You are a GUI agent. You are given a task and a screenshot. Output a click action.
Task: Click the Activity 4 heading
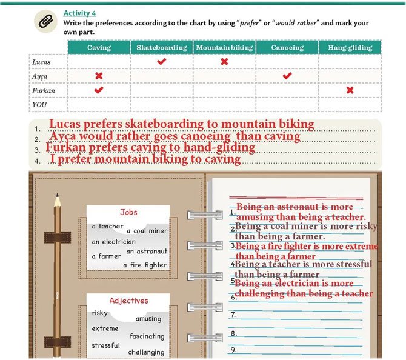pos(79,13)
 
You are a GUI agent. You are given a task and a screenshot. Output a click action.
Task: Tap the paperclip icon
pos(45,21)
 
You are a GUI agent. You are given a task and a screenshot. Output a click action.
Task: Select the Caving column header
pos(99,47)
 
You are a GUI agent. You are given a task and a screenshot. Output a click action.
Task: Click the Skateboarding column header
pos(162,47)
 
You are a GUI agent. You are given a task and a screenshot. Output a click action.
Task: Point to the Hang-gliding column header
pos(350,47)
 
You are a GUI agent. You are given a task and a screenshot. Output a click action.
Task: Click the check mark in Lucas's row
pos(162,61)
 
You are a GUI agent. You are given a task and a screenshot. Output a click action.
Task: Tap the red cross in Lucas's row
pos(224,61)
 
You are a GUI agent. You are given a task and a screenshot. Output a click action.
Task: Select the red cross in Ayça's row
pos(99,76)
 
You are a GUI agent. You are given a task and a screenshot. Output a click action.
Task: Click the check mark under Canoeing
pos(287,76)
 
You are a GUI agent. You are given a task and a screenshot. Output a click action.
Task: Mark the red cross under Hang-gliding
pos(350,90)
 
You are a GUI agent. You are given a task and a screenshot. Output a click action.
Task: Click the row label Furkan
pos(44,91)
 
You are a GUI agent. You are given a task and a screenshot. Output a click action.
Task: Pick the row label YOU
pos(39,105)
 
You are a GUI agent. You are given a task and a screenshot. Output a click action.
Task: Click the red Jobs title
pos(128,212)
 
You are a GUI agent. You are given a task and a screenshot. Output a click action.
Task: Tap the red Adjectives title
pos(128,301)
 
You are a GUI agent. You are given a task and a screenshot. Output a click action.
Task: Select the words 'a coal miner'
pos(147,231)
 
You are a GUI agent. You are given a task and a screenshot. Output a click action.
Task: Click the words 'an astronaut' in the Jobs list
pos(147,252)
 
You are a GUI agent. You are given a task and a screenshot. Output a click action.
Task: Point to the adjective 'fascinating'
pos(147,336)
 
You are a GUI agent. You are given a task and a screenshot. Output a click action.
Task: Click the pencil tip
pos(57,195)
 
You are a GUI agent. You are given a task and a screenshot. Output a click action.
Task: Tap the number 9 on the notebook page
pos(233,350)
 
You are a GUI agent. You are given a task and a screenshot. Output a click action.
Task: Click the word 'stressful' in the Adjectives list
pos(105,345)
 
